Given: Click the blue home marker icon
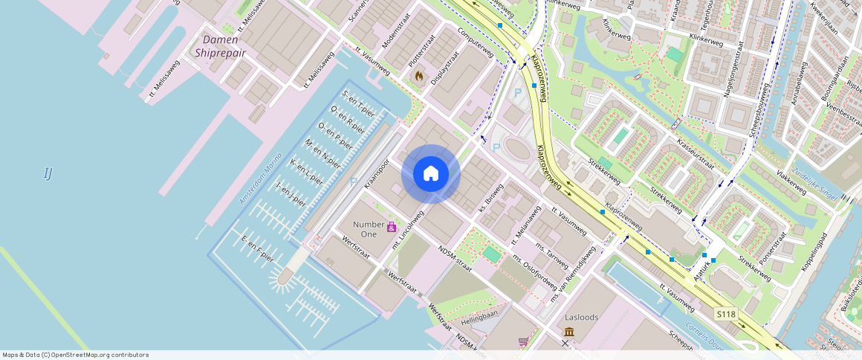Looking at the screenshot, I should pyautogui.click(x=431, y=174).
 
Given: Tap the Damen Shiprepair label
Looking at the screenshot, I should pyautogui.click(x=216, y=46).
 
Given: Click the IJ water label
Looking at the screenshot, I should pyautogui.click(x=48, y=173).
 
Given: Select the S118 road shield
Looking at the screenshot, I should pyautogui.click(x=726, y=315).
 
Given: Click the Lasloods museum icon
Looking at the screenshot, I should pyautogui.click(x=569, y=331).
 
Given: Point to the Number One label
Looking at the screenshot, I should pyautogui.click(x=369, y=229).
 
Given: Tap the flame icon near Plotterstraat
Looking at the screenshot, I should pyautogui.click(x=418, y=76).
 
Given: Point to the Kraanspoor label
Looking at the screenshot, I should pyautogui.click(x=377, y=173).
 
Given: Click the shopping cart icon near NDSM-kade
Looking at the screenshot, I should pyautogui.click(x=523, y=341).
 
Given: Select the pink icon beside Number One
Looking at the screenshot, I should pyautogui.click(x=392, y=226).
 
